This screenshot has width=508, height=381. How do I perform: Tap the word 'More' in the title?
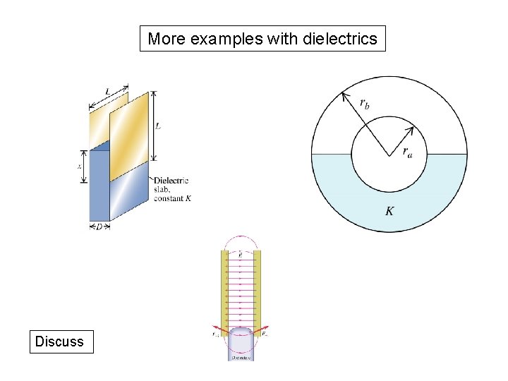pyautogui.click(x=167, y=39)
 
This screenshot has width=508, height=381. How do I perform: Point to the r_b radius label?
pyautogui.click(x=364, y=104)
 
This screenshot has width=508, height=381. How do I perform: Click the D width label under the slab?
pyautogui.click(x=99, y=226)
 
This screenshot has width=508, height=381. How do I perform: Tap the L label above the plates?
pyautogui.click(x=107, y=91)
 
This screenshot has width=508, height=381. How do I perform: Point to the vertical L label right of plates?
pyautogui.click(x=158, y=126)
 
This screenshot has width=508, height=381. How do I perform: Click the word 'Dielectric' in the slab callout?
pyautogui.click(x=171, y=181)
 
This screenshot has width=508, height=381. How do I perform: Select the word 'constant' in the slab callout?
pyautogui.click(x=168, y=198)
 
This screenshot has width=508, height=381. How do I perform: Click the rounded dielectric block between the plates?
pyautogui.click(x=240, y=342)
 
